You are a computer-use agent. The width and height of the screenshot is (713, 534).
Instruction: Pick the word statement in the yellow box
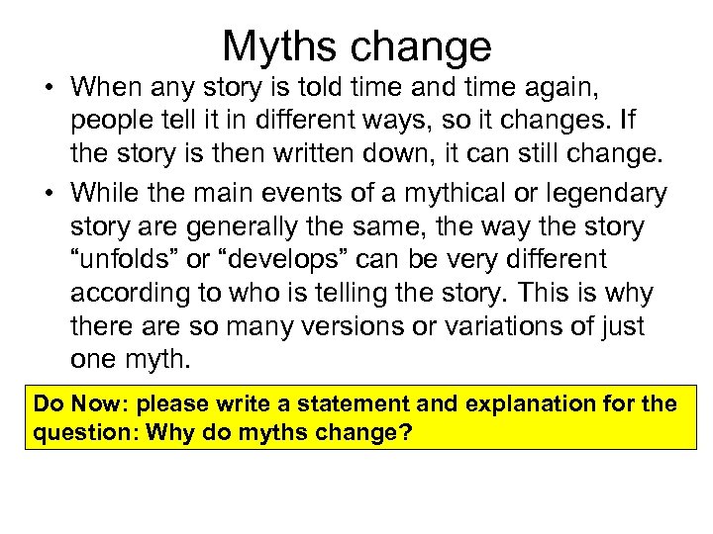click(337, 405)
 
